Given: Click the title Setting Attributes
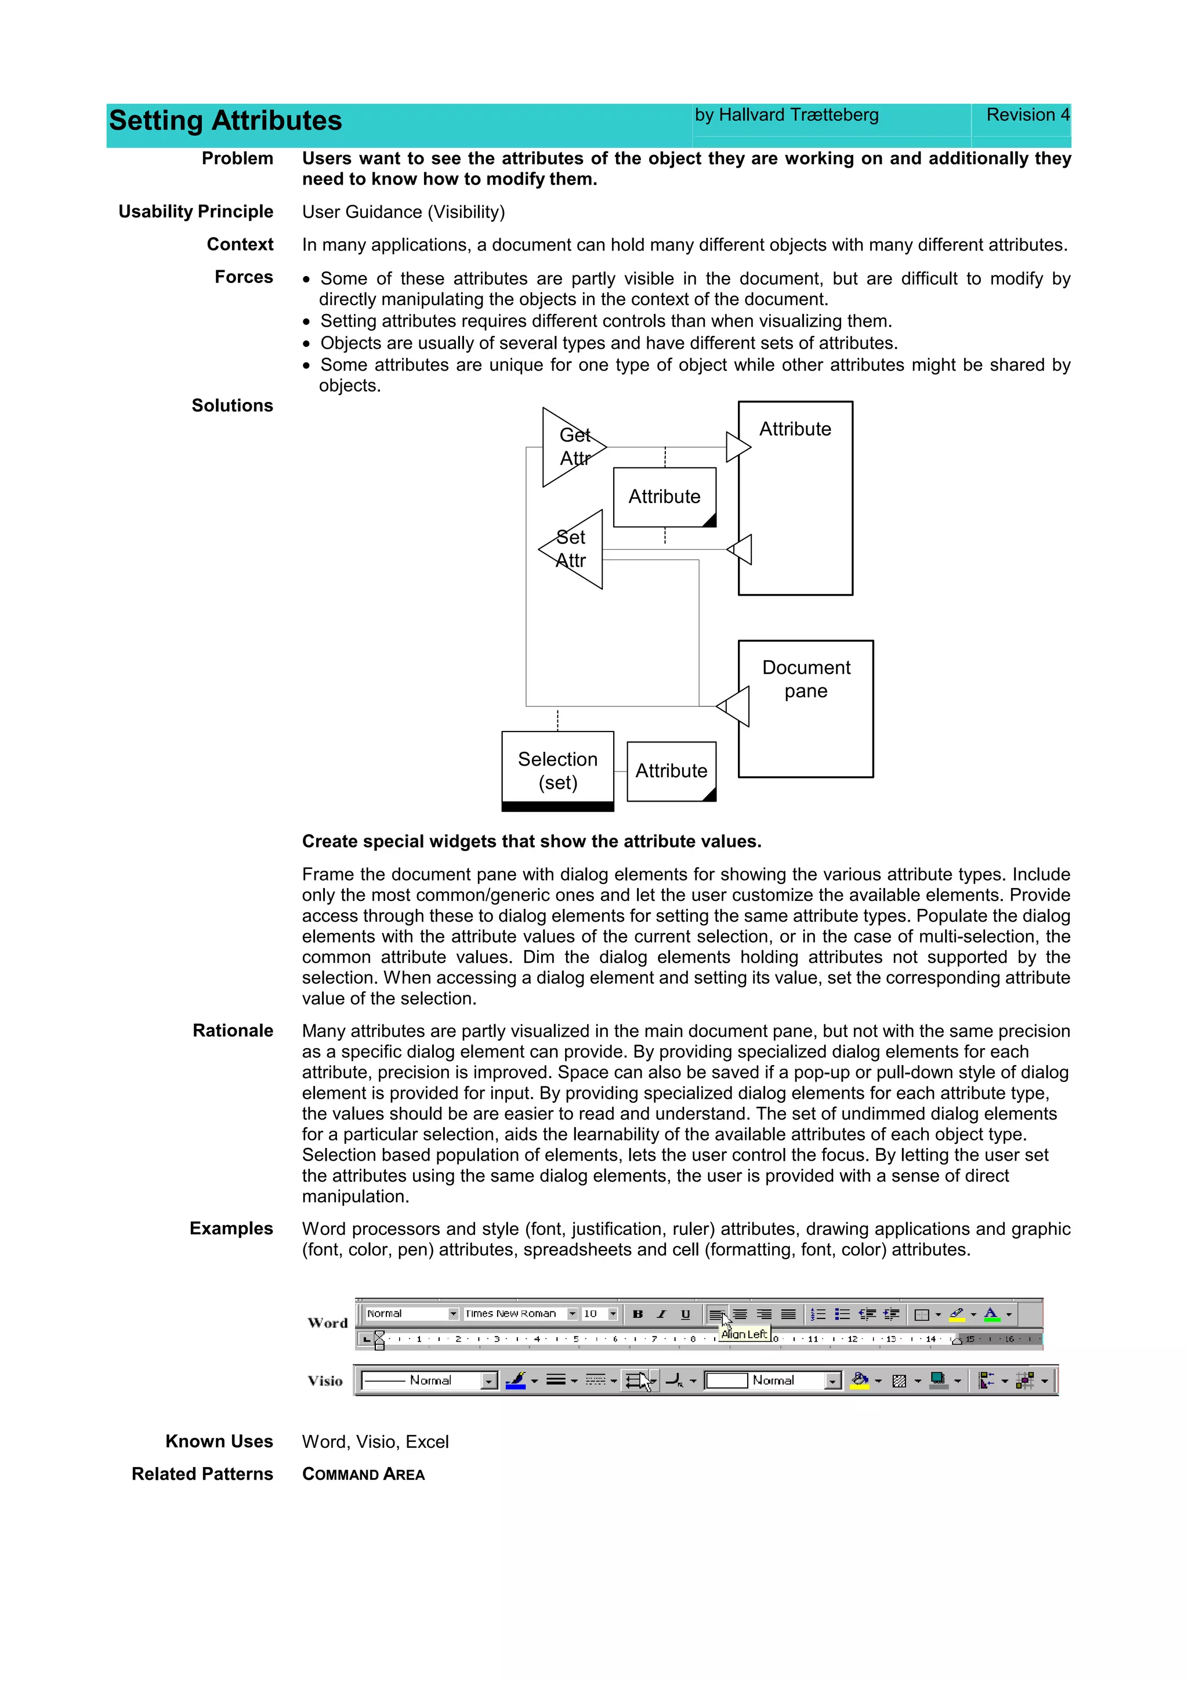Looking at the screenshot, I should coord(226,121).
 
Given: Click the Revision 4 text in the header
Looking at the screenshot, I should coord(1027,115).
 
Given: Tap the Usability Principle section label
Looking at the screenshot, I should coord(195,212).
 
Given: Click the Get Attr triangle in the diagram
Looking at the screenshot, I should coord(568,447).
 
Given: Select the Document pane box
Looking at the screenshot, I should coord(805,709).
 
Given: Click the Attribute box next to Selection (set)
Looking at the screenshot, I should coord(671,771).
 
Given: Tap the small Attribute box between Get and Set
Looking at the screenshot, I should coord(664,497).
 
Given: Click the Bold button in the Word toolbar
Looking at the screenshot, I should coord(638,1314).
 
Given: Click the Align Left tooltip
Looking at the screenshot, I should coord(744,1334).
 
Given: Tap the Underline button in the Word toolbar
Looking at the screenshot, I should coord(685,1314).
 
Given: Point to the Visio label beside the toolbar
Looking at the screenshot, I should coord(325,1381).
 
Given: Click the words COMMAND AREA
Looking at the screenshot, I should coord(363,1475).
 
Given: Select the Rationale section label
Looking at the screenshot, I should coord(233,1031).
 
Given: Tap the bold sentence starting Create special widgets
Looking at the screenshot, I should coord(531,842).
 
